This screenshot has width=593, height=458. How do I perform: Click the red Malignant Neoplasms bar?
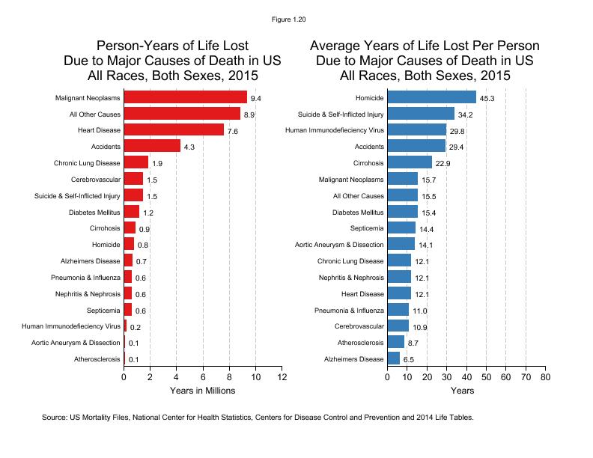coord(185,97)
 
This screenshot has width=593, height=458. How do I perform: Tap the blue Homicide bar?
coord(431,97)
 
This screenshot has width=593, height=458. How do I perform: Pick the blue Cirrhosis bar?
coord(410,162)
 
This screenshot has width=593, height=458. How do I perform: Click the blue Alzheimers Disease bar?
coord(394,358)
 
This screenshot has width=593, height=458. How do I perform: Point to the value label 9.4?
coord(256,98)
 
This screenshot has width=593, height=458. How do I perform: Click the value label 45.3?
coord(487,98)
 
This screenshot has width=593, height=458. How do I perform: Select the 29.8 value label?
coord(457,131)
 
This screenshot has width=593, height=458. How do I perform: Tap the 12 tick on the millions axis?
coord(282,377)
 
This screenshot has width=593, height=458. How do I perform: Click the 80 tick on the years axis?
coord(544,377)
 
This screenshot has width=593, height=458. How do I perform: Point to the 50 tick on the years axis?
coord(485,377)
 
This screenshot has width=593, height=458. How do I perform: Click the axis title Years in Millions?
coord(202,391)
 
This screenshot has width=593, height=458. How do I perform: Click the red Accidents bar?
coord(152,146)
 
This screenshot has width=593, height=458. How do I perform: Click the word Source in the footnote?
coord(54,417)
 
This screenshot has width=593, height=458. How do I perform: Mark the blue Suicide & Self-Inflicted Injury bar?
coord(421,114)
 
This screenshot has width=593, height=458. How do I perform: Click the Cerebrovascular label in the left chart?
coord(94,179)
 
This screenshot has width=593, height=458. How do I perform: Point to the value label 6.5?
coord(410,359)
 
